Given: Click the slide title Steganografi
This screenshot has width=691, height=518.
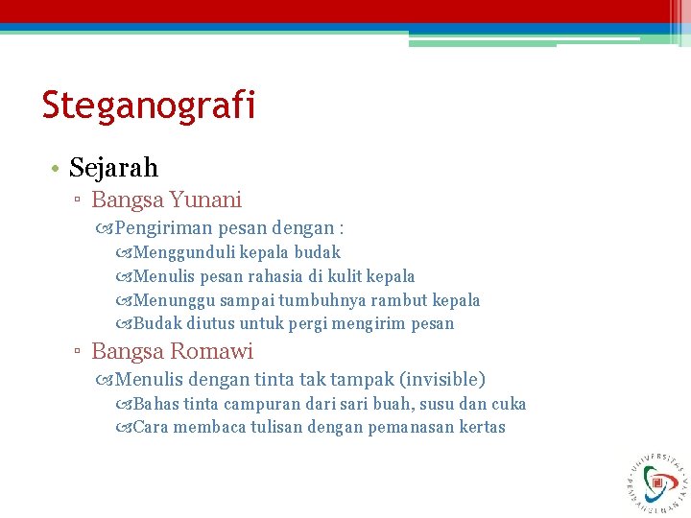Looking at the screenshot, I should click(149, 106).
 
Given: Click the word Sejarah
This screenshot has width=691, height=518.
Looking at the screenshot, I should click(113, 168).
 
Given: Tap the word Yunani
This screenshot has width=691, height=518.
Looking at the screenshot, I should click(205, 200).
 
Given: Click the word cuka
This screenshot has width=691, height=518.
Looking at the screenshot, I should click(508, 404).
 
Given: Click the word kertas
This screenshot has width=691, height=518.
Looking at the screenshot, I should click(481, 427).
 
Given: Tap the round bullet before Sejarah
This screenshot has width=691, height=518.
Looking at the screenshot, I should click(57, 169).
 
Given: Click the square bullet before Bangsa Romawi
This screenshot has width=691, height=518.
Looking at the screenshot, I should click(81, 353).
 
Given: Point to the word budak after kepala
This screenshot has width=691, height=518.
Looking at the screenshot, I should click(317, 253).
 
